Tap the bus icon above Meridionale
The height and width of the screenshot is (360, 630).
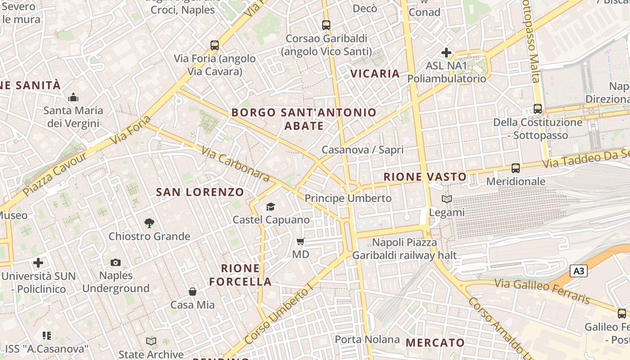point(516,168)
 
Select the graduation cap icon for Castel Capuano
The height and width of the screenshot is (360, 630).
point(270,207)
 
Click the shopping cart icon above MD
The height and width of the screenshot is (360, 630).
point(301,242)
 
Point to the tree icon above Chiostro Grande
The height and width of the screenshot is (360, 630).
point(149,223)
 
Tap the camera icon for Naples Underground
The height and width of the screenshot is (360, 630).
point(116,262)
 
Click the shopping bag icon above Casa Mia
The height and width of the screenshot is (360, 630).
point(193,292)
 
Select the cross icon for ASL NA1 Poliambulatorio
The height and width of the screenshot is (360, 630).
point(446,53)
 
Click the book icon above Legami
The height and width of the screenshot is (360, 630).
point(446,199)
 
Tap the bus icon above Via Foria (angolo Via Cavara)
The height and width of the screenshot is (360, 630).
point(215,45)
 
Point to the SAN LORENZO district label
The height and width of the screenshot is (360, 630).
point(200,192)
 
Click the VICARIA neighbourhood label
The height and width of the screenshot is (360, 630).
point(375,73)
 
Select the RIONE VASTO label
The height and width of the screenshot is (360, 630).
point(425,177)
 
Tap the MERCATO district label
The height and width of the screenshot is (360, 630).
point(435,342)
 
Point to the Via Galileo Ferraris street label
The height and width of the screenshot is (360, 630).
point(542,291)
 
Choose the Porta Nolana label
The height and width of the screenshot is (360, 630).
point(367,339)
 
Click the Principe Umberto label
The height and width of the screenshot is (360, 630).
point(348,198)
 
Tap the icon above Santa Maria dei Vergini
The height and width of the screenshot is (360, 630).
point(73,97)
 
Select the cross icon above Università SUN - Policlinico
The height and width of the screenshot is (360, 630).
point(38,262)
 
